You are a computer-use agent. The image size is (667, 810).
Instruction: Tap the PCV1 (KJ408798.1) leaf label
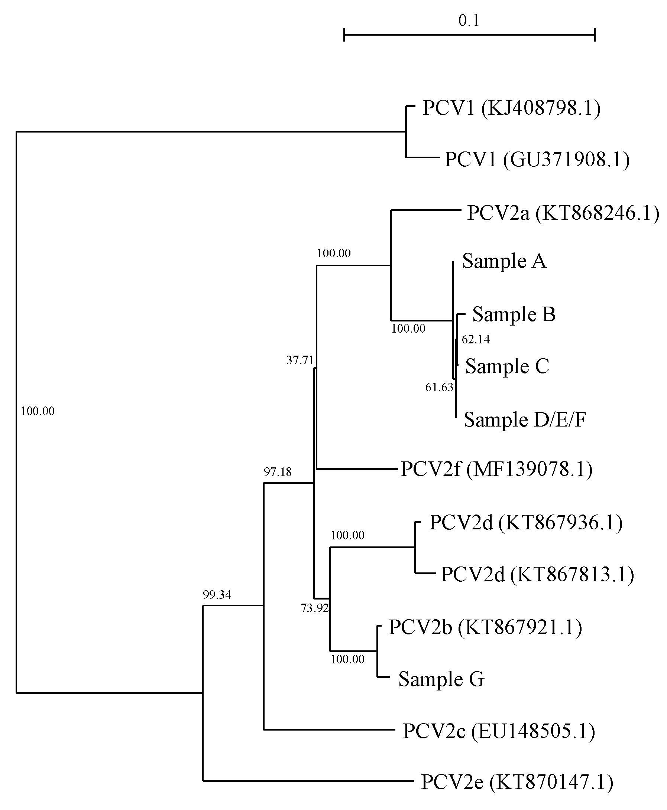tap(511, 108)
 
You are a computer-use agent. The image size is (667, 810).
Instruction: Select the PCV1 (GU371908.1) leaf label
tap(537, 159)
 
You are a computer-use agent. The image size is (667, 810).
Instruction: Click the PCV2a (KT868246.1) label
tap(563, 213)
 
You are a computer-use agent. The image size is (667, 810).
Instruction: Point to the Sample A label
tap(504, 261)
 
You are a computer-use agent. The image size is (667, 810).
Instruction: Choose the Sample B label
tap(514, 314)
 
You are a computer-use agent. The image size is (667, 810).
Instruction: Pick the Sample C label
tap(507, 366)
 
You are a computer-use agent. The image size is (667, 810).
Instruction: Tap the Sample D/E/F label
tap(524, 419)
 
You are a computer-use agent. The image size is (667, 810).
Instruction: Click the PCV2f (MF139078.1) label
tap(496, 469)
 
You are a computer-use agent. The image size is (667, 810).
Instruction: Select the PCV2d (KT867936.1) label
tap(525, 522)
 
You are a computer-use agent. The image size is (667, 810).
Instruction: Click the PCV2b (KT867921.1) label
tap(485, 627)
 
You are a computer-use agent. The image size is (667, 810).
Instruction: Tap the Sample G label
tap(441, 679)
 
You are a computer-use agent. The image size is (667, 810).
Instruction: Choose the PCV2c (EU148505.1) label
tap(499, 731)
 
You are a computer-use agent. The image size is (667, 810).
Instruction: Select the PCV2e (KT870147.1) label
tap(517, 783)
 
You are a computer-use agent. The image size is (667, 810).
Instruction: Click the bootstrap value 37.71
tap(300, 360)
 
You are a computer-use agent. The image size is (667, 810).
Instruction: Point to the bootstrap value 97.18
tap(278, 472)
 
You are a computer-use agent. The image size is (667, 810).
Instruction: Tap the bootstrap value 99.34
tap(217, 595)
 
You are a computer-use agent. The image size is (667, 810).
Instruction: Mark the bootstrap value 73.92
tap(315, 608)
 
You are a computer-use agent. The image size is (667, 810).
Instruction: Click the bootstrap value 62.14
tap(476, 339)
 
